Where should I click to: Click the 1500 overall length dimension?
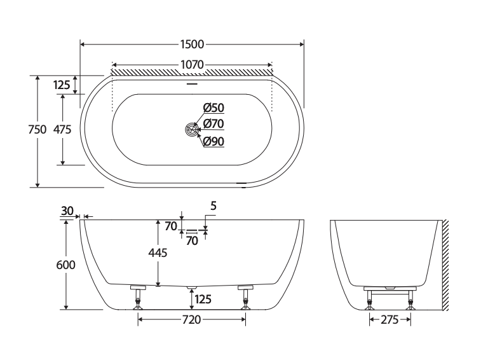pyautogui.click(x=192, y=45)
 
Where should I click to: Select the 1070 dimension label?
pyautogui.click(x=192, y=64)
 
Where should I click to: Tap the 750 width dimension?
pyautogui.click(x=37, y=129)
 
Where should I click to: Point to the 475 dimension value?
pyautogui.click(x=62, y=129)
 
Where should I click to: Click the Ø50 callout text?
pyautogui.click(x=213, y=107)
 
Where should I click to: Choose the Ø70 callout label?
pyautogui.click(x=213, y=123)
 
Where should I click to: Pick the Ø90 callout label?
pyautogui.click(x=213, y=141)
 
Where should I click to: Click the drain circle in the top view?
pyautogui.click(x=192, y=129)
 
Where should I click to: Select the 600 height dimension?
pyautogui.click(x=65, y=265)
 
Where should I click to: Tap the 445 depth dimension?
pyautogui.click(x=158, y=253)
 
